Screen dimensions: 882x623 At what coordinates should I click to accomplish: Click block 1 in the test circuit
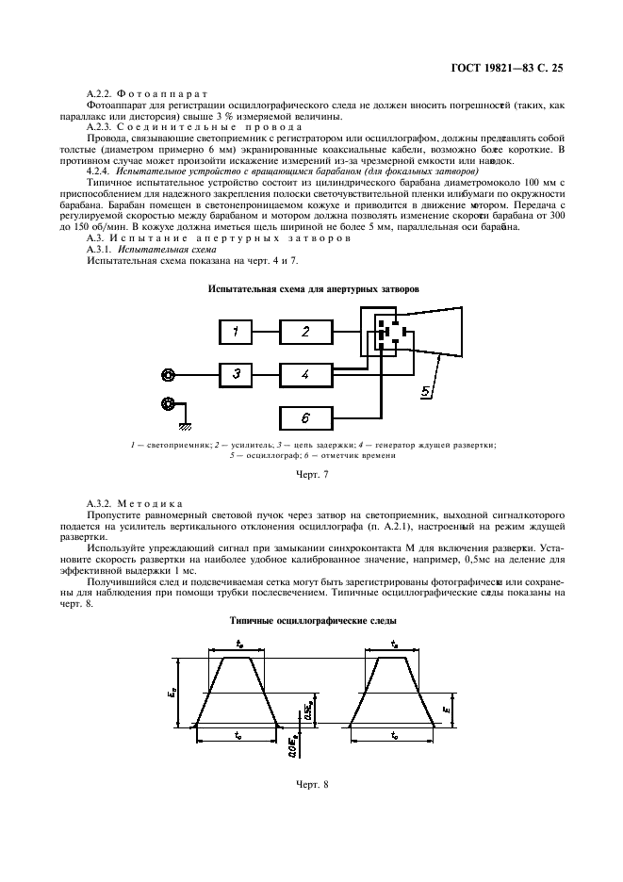(x=237, y=331)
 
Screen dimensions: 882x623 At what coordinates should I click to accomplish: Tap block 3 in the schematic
(x=237, y=374)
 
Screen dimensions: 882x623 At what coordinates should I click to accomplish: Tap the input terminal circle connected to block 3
(x=168, y=374)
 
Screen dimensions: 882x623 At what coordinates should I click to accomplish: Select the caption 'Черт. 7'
(x=312, y=474)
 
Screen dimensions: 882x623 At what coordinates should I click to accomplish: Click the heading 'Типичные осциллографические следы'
(x=312, y=621)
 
